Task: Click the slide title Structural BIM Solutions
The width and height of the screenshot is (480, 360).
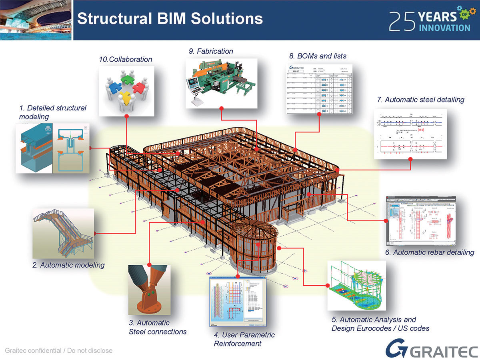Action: click(x=170, y=19)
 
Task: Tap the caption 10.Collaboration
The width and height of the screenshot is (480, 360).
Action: click(x=126, y=59)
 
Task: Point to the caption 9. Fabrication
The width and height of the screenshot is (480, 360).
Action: click(x=211, y=51)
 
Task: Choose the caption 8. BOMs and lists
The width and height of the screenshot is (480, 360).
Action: click(x=318, y=56)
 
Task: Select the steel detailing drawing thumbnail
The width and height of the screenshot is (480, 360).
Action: click(x=411, y=134)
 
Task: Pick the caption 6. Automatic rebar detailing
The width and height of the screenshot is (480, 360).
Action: click(x=430, y=252)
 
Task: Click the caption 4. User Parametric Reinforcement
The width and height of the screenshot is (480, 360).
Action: click(x=244, y=339)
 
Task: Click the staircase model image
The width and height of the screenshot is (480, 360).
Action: click(x=64, y=233)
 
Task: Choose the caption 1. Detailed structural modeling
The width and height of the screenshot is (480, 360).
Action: click(x=53, y=112)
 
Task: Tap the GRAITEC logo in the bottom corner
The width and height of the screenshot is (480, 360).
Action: click(x=432, y=349)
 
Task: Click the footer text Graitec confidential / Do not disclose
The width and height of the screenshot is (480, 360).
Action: click(x=58, y=351)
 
